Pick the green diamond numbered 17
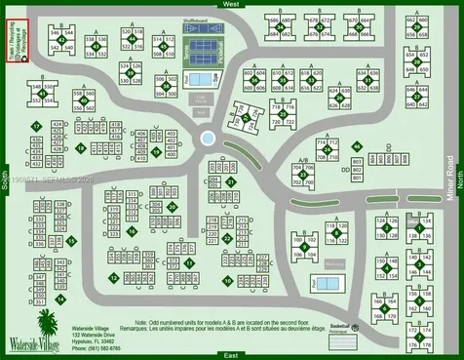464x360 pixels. pyautogui.click(x=35, y=127)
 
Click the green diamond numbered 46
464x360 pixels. pyautogui.click(x=358, y=146)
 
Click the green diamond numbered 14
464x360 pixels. pyautogui.click(x=72, y=240)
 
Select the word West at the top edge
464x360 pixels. pyautogui.click(x=231, y=5)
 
